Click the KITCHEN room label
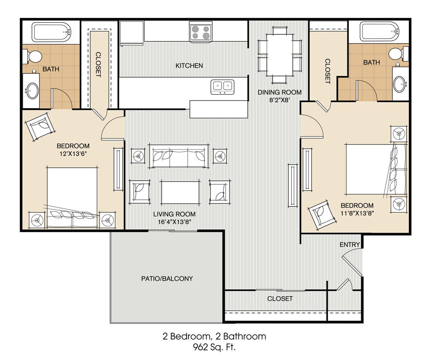(189, 66)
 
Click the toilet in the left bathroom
(32, 57)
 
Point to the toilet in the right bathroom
(399, 54)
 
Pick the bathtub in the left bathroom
(52, 32)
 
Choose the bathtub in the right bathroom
(379, 31)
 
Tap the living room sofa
(178, 156)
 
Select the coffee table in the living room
(180, 192)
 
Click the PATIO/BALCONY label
(167, 279)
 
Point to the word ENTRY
(350, 244)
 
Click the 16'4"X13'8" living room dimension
(174, 222)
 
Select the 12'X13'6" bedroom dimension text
(73, 153)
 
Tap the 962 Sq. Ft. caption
(214, 347)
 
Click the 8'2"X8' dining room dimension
(279, 100)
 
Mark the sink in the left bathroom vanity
(32, 90)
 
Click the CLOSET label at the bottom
(280, 298)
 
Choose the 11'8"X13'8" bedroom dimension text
(357, 213)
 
